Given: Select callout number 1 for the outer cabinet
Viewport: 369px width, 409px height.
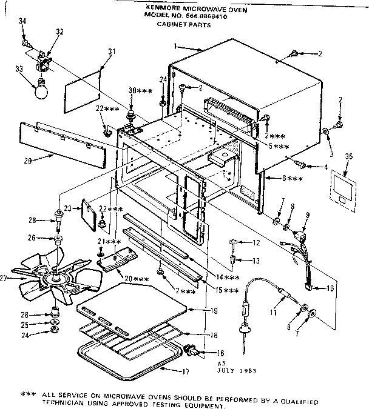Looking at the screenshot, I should (x=174, y=46).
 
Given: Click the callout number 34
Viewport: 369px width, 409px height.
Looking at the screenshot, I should (x=22, y=21).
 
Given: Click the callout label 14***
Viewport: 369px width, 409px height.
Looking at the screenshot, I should (x=232, y=277).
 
